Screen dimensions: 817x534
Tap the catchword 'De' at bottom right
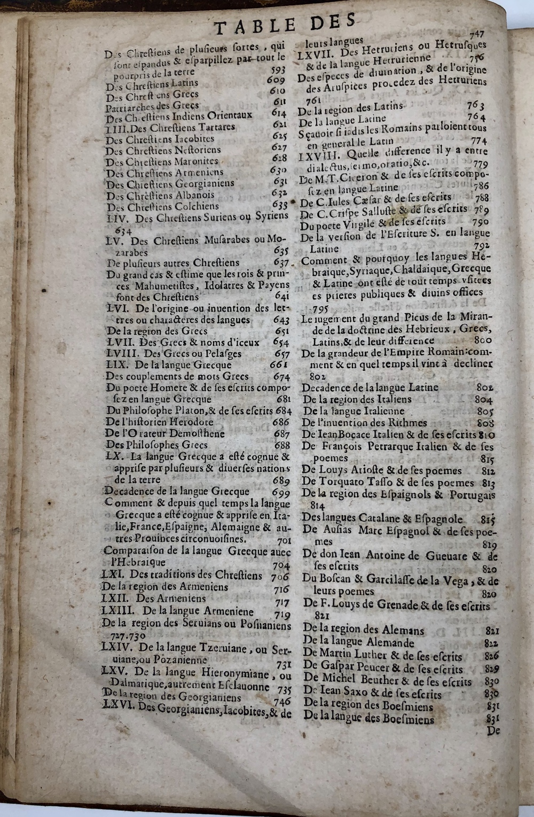pos(492,730)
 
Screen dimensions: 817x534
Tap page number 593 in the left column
pos(278,70)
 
